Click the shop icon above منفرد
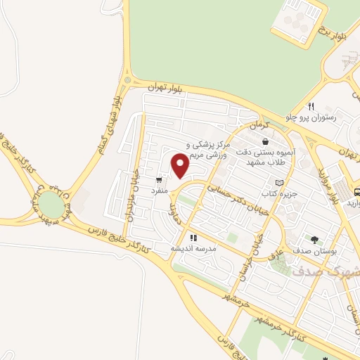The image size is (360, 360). [159, 179]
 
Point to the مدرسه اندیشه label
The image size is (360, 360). [193, 249]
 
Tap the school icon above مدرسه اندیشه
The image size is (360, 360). [193, 238]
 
